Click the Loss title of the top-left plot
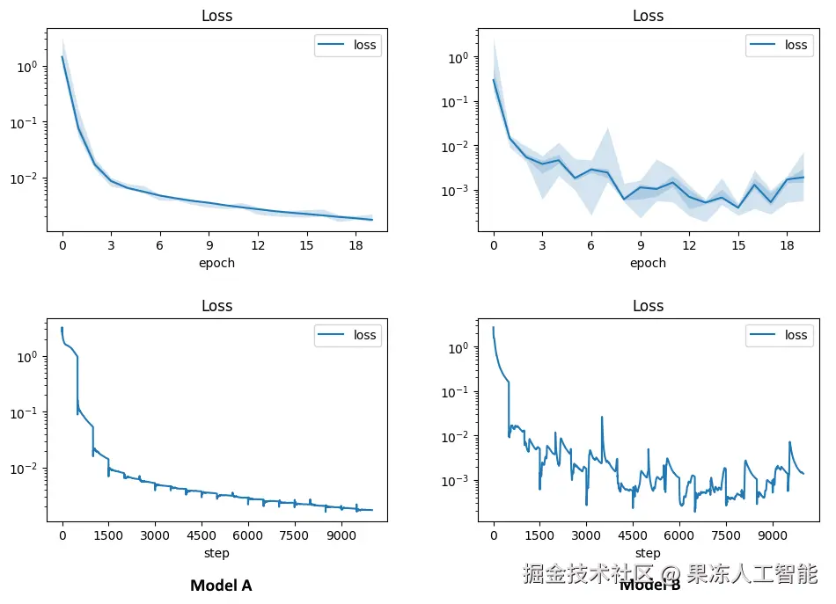216,16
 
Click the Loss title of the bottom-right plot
648,306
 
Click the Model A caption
221,586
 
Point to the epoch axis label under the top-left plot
216,263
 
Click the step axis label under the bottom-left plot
216,553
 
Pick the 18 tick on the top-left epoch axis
356,246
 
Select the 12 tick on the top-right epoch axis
690,246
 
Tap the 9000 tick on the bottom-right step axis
772,536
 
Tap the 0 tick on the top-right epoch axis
494,246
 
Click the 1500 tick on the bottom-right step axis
539,536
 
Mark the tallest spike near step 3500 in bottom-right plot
602,418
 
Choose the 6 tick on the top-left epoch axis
160,246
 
